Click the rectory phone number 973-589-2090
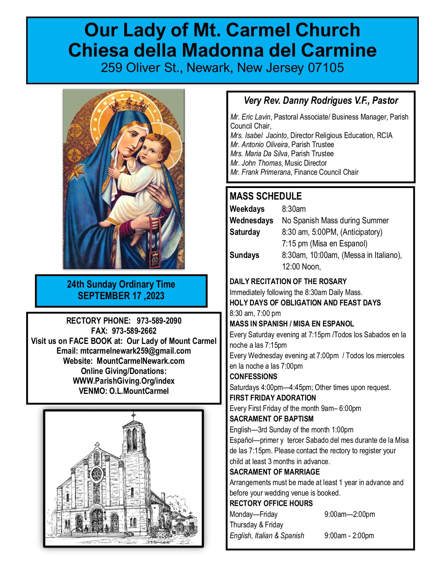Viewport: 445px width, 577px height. click(x=159, y=321)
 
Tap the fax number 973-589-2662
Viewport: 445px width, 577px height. click(x=134, y=331)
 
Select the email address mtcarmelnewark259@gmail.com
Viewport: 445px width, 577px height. click(x=135, y=351)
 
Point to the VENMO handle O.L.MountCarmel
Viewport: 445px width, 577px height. click(x=139, y=391)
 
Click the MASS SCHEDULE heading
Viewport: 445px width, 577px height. click(x=266, y=196)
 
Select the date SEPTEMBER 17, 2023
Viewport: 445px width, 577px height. click(x=121, y=296)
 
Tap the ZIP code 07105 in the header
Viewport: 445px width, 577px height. click(x=326, y=67)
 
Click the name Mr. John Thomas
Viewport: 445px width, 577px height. click(x=256, y=163)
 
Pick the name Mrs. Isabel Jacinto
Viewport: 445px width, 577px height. click(x=258, y=136)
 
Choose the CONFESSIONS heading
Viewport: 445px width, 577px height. click(x=253, y=377)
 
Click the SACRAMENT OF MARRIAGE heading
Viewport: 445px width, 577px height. click(x=274, y=472)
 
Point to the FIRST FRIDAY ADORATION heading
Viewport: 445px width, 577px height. click(x=273, y=398)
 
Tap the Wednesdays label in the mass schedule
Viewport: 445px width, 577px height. click(x=251, y=221)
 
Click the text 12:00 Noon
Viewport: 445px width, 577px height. click(x=301, y=267)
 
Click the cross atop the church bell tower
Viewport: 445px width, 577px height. click(x=133, y=416)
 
